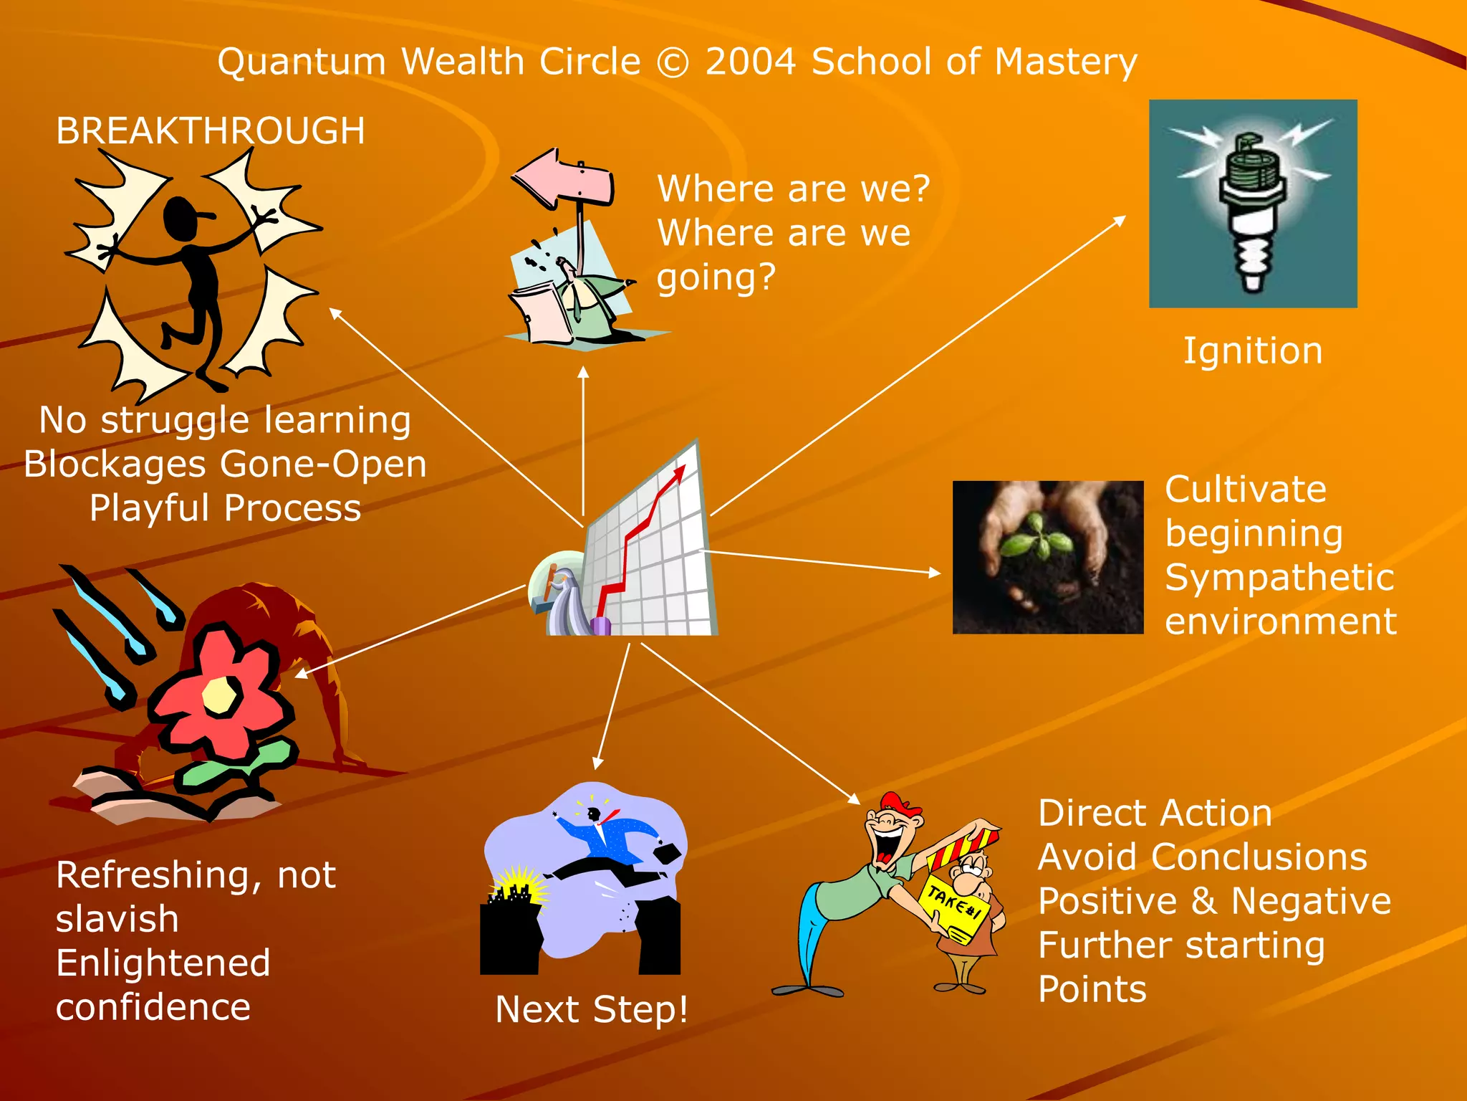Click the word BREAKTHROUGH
pos(211,131)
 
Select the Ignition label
pos(1252,351)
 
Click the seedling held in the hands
pos(1036,538)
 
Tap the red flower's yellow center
pos(218,695)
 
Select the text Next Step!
pos(592,1009)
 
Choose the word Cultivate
pos(1245,490)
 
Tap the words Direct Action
pos(1155,814)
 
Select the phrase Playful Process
pos(225,508)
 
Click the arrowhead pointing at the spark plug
pos(1119,220)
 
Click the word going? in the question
pos(716,277)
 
